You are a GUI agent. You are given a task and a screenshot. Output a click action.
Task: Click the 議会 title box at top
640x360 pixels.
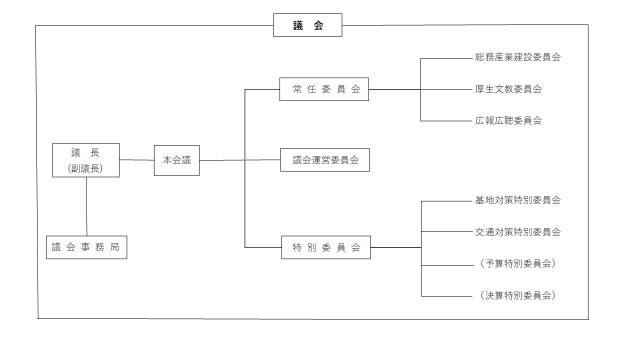click(x=307, y=25)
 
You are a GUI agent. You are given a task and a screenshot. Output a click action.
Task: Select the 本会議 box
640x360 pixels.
click(x=176, y=160)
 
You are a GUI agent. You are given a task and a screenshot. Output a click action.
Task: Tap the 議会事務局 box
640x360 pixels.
click(x=86, y=247)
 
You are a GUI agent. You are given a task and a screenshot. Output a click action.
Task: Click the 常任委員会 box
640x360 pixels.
click(x=324, y=89)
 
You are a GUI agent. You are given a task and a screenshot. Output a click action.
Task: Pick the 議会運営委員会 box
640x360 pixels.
click(x=324, y=160)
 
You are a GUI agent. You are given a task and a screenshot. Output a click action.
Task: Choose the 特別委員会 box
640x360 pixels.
click(x=326, y=247)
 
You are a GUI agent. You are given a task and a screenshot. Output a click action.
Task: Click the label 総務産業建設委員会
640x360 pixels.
click(x=517, y=57)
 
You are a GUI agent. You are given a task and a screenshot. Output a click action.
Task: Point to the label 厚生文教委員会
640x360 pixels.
click(x=508, y=89)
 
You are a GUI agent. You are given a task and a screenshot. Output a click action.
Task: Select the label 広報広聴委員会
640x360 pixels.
click(x=508, y=120)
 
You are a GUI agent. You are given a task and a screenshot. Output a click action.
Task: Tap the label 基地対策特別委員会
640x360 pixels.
click(x=517, y=200)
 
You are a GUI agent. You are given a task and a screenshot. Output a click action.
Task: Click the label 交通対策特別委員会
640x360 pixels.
click(x=517, y=232)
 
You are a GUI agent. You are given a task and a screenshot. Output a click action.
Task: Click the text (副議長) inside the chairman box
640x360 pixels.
click(x=85, y=168)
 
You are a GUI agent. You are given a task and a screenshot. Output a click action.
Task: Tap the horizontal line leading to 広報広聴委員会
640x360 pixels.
click(x=445, y=120)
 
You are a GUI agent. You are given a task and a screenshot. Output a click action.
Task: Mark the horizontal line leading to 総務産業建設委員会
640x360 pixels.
click(x=445, y=58)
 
